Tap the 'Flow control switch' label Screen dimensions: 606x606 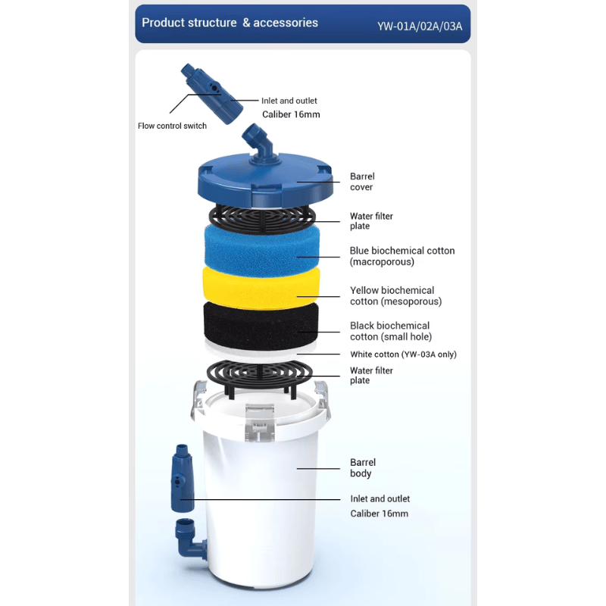coord(172,126)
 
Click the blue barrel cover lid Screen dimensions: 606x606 coord(265,182)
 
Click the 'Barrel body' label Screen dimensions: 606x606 coord(362,467)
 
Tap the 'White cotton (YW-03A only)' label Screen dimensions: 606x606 coord(403,355)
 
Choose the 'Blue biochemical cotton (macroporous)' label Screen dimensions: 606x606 coord(401,256)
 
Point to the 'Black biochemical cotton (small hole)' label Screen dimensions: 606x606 coord(389,331)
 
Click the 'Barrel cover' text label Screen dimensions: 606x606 coord(361,182)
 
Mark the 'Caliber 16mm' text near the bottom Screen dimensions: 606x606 coord(379,514)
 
